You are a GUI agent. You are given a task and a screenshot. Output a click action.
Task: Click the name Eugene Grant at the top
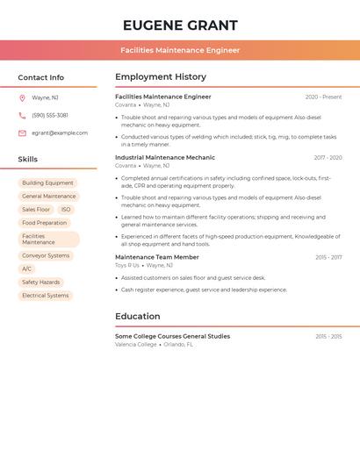[180, 25]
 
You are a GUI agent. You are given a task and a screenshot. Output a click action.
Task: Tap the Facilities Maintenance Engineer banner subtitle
[180, 50]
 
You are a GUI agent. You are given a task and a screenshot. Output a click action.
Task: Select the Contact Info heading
[40, 77]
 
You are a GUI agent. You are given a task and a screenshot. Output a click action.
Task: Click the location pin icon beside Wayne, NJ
[22, 97]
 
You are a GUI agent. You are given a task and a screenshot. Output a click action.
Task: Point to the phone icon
[22, 115]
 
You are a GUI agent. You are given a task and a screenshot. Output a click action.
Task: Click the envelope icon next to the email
[22, 132]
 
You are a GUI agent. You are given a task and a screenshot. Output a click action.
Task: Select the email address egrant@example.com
[60, 132]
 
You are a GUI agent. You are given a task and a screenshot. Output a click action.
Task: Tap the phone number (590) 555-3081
[50, 115]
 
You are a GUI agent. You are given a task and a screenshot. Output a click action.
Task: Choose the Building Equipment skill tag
[47, 183]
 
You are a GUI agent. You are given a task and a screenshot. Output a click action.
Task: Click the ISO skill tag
[66, 210]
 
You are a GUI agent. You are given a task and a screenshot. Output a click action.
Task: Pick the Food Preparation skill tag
[44, 223]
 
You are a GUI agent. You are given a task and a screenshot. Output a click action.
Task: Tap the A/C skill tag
[26, 268]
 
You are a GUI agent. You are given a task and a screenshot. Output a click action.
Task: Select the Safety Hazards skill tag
[40, 283]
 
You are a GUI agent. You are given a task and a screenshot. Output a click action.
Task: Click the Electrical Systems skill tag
[45, 296]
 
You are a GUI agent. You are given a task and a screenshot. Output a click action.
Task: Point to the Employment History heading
[161, 77]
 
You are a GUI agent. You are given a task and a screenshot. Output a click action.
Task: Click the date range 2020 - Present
[323, 97]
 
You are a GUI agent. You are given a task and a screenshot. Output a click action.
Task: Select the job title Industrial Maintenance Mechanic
[165, 158]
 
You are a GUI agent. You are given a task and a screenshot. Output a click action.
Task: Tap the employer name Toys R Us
[127, 265]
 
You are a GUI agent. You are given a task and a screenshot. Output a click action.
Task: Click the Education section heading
[138, 316]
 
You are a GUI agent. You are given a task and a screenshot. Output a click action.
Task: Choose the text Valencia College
[136, 345]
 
